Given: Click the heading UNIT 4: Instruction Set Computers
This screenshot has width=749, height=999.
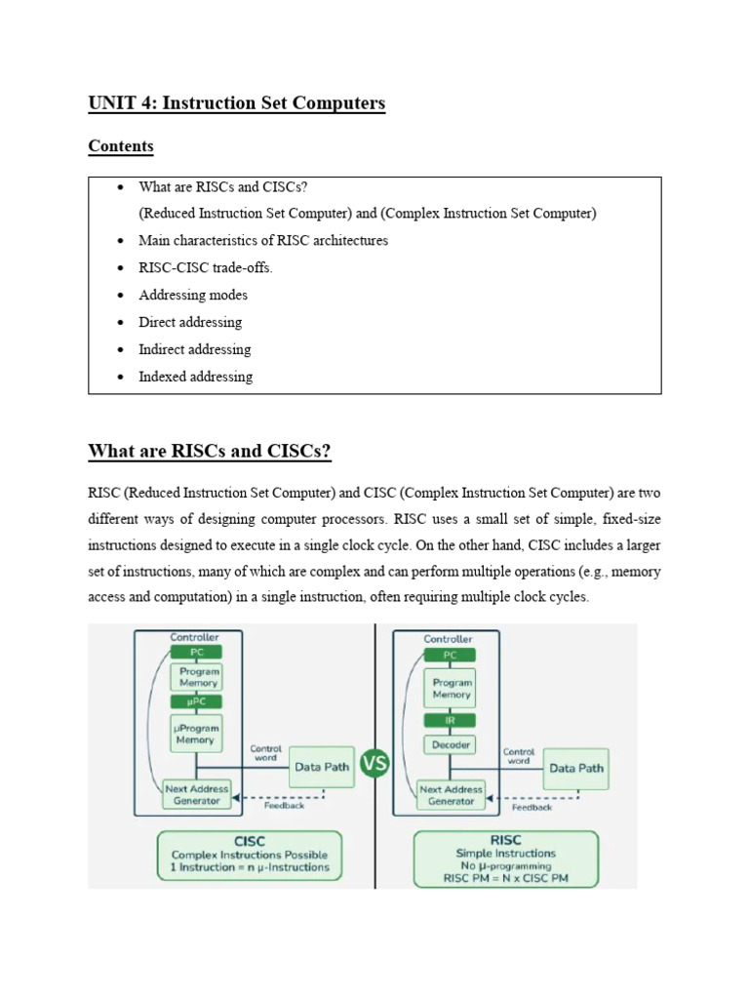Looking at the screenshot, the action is [236, 103].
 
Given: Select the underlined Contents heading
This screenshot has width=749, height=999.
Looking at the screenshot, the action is [120, 146].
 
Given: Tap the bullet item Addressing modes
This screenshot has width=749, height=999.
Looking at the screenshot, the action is [193, 295].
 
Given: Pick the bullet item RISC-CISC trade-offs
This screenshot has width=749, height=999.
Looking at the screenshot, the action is [205, 267].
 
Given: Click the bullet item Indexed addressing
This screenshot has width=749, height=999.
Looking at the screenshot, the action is [195, 377].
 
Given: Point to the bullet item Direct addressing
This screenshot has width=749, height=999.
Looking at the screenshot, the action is [190, 322].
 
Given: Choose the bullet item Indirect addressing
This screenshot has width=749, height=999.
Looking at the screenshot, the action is [195, 349].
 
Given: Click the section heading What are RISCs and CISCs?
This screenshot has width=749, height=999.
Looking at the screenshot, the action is [210, 451].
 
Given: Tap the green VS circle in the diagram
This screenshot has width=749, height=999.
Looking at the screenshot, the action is [374, 763].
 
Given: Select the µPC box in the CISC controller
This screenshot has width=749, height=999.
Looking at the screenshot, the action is [196, 701].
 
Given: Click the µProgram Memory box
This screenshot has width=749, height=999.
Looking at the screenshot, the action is [196, 734].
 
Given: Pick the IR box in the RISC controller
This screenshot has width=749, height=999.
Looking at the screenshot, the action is [450, 721].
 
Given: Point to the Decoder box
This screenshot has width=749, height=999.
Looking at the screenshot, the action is [450, 744].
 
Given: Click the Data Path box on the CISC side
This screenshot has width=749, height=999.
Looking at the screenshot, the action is [322, 767].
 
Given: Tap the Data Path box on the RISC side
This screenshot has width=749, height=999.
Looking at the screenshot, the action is [575, 769].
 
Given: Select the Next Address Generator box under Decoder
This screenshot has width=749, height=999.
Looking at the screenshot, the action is [451, 795].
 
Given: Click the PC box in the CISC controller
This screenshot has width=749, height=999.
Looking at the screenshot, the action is [196, 652].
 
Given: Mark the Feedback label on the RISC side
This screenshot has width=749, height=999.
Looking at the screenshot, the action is [532, 807].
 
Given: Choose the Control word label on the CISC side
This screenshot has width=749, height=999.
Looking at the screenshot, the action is [265, 753].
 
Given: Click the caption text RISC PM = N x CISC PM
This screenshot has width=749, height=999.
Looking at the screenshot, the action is [506, 878].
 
